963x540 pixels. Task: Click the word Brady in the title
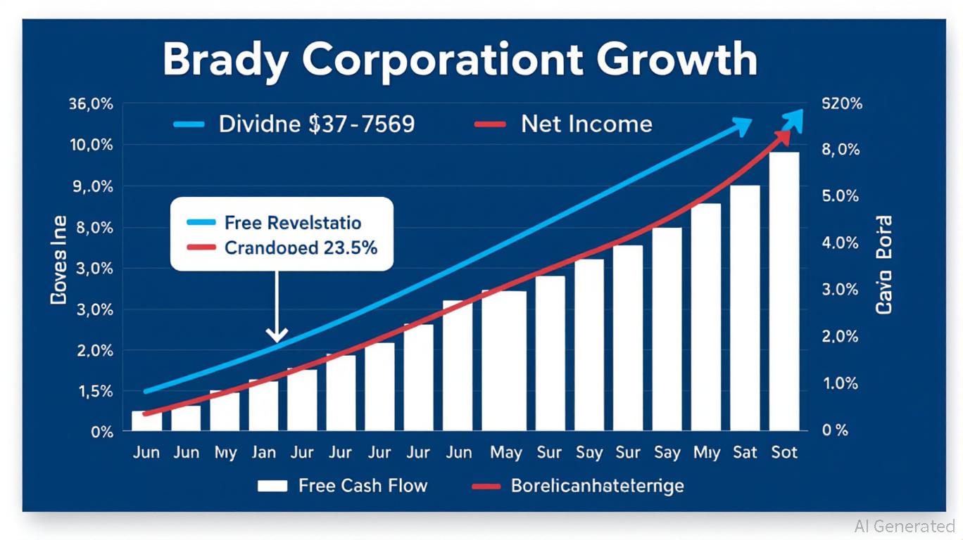point(225,60)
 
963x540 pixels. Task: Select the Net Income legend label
point(586,124)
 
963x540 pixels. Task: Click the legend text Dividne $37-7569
point(317,124)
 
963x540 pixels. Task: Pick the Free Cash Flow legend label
point(363,485)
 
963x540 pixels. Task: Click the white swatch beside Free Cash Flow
point(272,486)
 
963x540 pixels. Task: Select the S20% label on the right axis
point(842,104)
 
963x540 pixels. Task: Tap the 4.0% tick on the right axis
point(841,243)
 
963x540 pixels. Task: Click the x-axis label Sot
point(784,452)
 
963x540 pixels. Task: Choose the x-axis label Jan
point(263,452)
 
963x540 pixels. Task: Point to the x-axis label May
point(505,452)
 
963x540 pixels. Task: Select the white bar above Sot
point(784,291)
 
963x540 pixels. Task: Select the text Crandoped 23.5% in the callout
point(301,247)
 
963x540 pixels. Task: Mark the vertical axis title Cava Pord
point(884,264)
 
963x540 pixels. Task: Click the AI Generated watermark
point(905,526)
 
